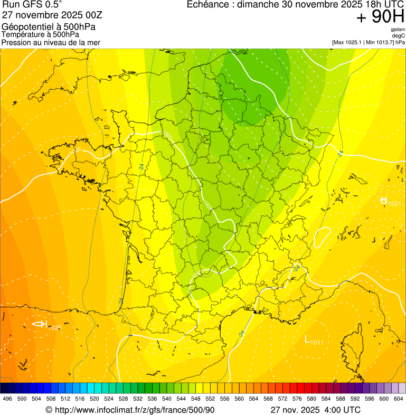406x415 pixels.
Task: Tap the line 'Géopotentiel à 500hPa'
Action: coord(49,27)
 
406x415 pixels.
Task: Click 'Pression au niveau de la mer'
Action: coord(51,42)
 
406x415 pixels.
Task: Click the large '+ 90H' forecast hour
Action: coord(380,17)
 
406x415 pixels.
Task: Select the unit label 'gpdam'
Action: coord(398,30)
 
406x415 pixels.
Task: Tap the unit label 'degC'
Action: coord(399,35)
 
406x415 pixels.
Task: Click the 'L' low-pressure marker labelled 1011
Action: coord(307,339)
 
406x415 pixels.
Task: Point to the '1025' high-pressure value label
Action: coord(55,328)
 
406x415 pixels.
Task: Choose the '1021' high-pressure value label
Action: coord(394,204)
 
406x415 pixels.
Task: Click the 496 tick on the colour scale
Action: coord(7,399)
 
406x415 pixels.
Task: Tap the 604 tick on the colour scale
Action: coord(398,399)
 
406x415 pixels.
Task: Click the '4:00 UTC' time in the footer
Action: coord(343,410)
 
